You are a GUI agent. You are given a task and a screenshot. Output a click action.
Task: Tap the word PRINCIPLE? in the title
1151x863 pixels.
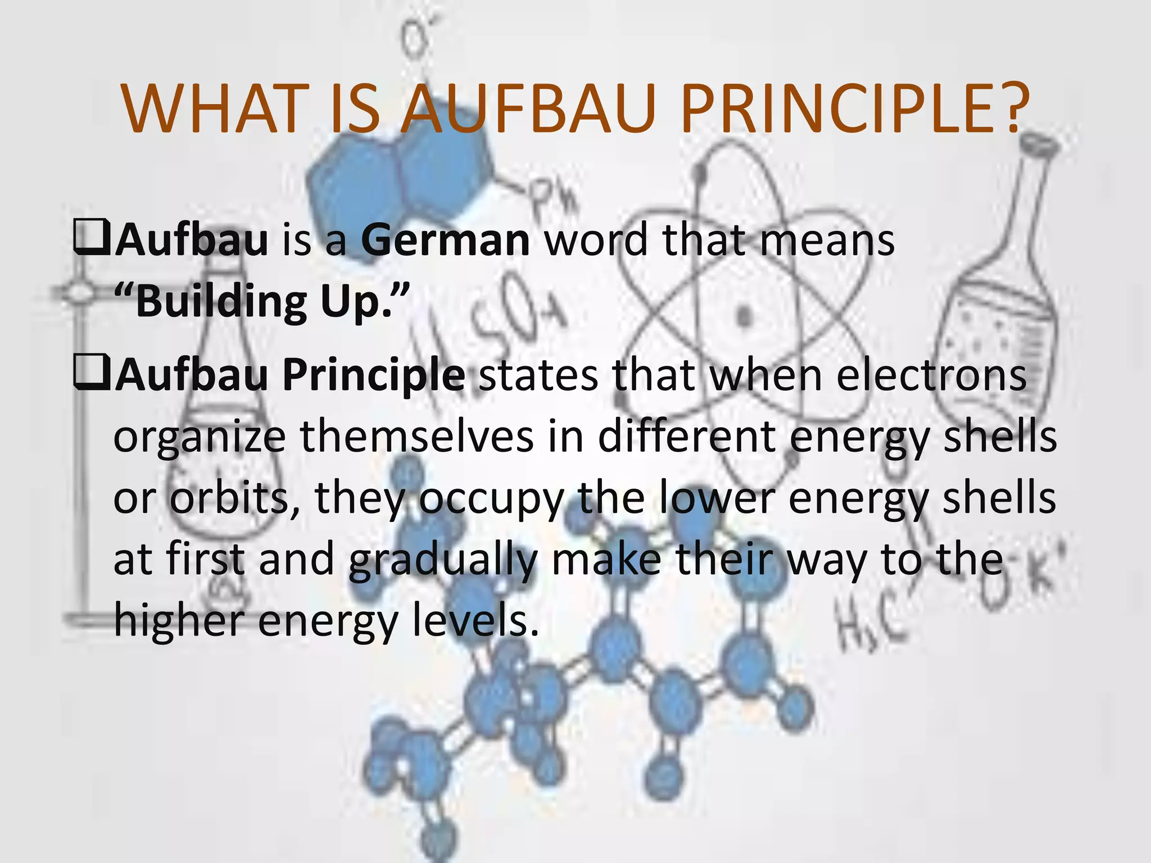pos(855,110)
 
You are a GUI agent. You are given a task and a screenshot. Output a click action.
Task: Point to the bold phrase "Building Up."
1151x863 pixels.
pos(261,301)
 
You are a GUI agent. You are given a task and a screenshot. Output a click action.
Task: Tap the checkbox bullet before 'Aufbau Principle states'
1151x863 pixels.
pos(91,375)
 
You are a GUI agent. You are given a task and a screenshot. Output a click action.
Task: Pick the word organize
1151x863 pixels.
pos(200,437)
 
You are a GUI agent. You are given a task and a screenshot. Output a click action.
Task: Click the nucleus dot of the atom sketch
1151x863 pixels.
pos(745,316)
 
